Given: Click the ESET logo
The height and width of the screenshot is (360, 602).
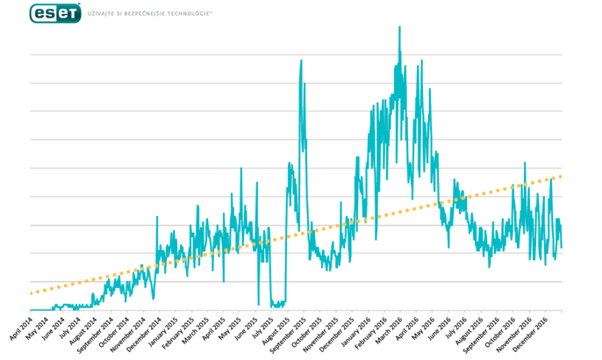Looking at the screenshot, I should pyautogui.click(x=55, y=13).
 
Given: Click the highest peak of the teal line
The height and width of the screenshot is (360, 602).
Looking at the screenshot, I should pyautogui.click(x=399, y=27).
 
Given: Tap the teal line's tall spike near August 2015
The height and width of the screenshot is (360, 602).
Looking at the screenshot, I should pyautogui.click(x=301, y=61).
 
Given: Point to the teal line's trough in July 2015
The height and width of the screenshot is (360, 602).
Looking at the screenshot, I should pyautogui.click(x=277, y=304).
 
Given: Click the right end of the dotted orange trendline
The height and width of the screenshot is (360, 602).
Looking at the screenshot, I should pyautogui.click(x=560, y=176).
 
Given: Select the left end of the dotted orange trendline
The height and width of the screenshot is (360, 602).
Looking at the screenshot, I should pyautogui.click(x=31, y=293).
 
